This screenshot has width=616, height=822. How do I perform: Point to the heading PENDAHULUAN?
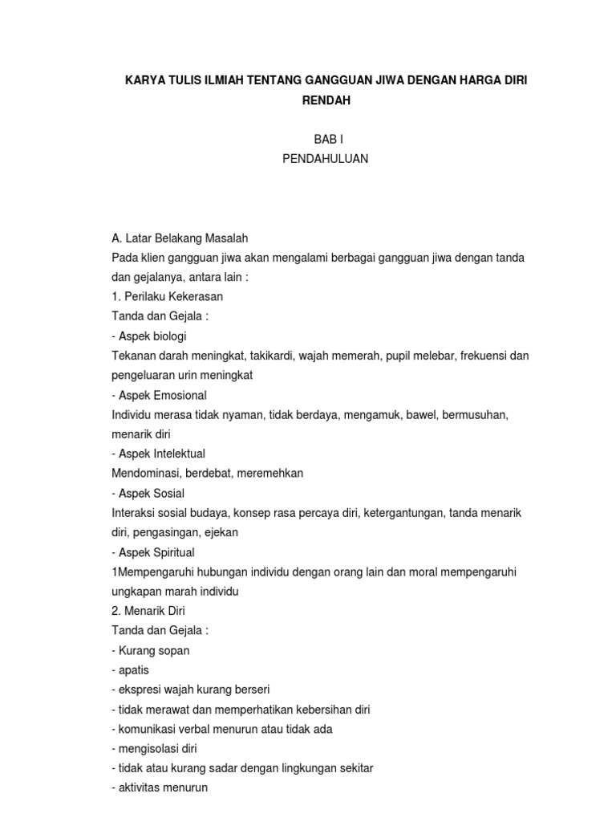click(x=325, y=159)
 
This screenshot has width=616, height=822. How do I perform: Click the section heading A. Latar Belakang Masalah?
click(x=180, y=238)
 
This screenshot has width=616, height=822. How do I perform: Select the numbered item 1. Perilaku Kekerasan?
click(x=167, y=296)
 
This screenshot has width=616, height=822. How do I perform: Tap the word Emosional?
click(x=178, y=395)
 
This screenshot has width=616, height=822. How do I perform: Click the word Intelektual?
click(x=178, y=454)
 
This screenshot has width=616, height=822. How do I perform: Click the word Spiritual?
click(x=172, y=552)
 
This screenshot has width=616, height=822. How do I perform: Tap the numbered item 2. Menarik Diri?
click(x=148, y=611)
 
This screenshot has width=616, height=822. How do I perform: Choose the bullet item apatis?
click(x=132, y=670)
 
